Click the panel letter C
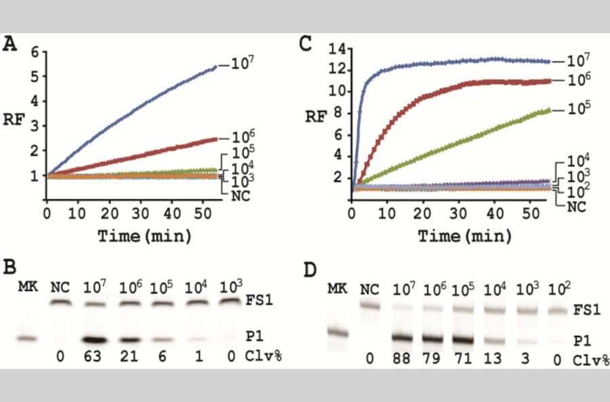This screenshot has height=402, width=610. click(x=306, y=45)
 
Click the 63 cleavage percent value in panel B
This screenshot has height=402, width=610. click(x=93, y=357)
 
